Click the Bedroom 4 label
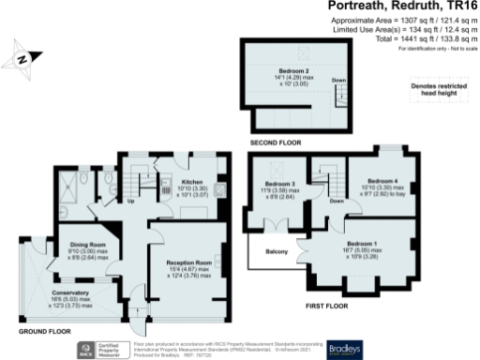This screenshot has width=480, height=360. tap(381, 180)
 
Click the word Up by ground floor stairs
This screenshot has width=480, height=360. tap(129, 201)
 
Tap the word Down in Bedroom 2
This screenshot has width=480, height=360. tap(339, 81)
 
